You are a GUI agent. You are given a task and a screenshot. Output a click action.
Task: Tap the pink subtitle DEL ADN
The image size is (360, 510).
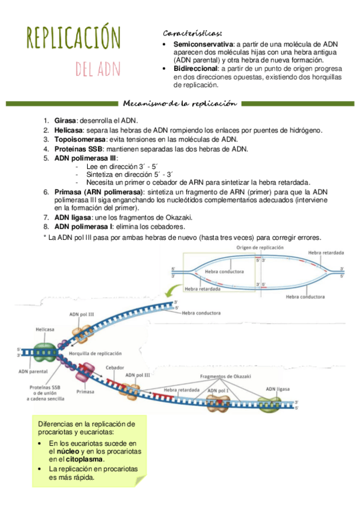(x=98, y=69)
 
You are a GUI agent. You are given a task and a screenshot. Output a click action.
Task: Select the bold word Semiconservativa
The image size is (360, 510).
(x=203, y=45)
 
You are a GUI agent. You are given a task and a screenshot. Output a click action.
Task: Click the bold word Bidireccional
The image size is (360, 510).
(x=195, y=69)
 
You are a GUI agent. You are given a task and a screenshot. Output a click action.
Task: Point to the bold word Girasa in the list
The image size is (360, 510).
(x=65, y=121)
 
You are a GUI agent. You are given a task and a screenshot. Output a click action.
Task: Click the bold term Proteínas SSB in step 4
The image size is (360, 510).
(x=78, y=149)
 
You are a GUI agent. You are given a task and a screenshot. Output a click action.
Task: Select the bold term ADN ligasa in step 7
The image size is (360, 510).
(x=73, y=217)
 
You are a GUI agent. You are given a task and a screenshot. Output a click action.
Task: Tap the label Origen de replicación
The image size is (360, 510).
(x=260, y=248)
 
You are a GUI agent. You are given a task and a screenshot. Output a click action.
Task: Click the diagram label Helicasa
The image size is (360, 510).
(x=45, y=330)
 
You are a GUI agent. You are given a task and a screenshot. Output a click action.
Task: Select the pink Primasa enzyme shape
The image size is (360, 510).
(x=85, y=373)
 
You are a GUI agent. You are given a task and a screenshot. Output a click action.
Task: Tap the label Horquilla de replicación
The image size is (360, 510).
(x=95, y=354)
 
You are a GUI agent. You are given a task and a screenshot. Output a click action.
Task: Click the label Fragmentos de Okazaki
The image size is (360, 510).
(x=225, y=376)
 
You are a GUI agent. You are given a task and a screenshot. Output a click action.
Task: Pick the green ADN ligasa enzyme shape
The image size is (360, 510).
(x=269, y=404)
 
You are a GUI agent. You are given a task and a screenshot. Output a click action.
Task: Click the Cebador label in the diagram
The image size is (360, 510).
(x=115, y=367)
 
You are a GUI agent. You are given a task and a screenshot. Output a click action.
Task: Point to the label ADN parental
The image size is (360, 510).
(x=33, y=372)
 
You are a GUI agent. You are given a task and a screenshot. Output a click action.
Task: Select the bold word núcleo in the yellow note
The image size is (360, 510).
(x=68, y=452)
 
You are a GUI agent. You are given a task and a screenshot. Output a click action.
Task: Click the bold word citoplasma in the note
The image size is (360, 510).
(x=85, y=459)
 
